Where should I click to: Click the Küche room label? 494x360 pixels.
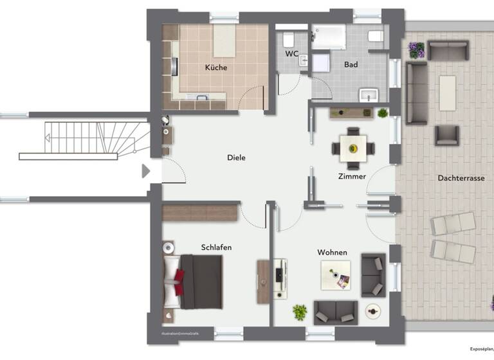pyautogui.click(x=216, y=67)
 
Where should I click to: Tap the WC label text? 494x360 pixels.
pyautogui.click(x=291, y=55)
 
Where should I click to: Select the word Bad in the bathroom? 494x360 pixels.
pyautogui.click(x=351, y=65)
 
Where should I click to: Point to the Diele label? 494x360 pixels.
pyautogui.click(x=236, y=157)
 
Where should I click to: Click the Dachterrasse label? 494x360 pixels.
pyautogui.click(x=461, y=178)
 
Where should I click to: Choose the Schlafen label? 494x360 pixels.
pyautogui.click(x=216, y=248)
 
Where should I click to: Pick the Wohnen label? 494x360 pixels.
pyautogui.click(x=332, y=253)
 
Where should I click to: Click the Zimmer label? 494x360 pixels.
pyautogui.click(x=352, y=176)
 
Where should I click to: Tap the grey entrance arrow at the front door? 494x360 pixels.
pyautogui.click(x=146, y=171)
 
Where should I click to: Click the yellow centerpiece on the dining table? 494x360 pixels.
pyautogui.click(x=353, y=148)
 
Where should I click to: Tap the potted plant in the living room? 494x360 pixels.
pyautogui.click(x=300, y=312)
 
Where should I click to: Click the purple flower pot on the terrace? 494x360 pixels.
pyautogui.click(x=417, y=50)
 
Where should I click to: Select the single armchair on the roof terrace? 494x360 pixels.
pyautogui.click(x=446, y=135)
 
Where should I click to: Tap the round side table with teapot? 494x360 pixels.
pyautogui.click(x=372, y=311)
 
